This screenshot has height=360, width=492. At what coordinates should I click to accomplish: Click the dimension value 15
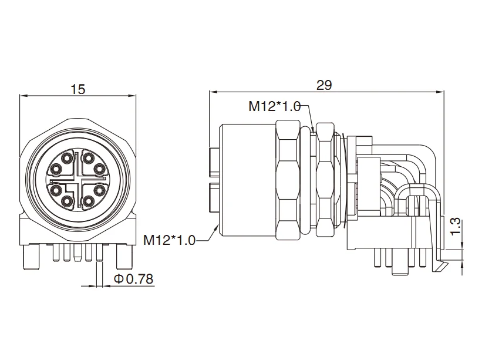(78, 89)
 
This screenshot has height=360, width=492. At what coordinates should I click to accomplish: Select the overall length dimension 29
(324, 85)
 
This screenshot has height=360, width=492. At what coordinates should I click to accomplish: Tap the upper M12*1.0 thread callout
(274, 106)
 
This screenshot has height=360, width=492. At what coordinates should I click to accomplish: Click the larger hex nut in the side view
(287, 179)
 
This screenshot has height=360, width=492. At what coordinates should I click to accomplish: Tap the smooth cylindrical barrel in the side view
(247, 179)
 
